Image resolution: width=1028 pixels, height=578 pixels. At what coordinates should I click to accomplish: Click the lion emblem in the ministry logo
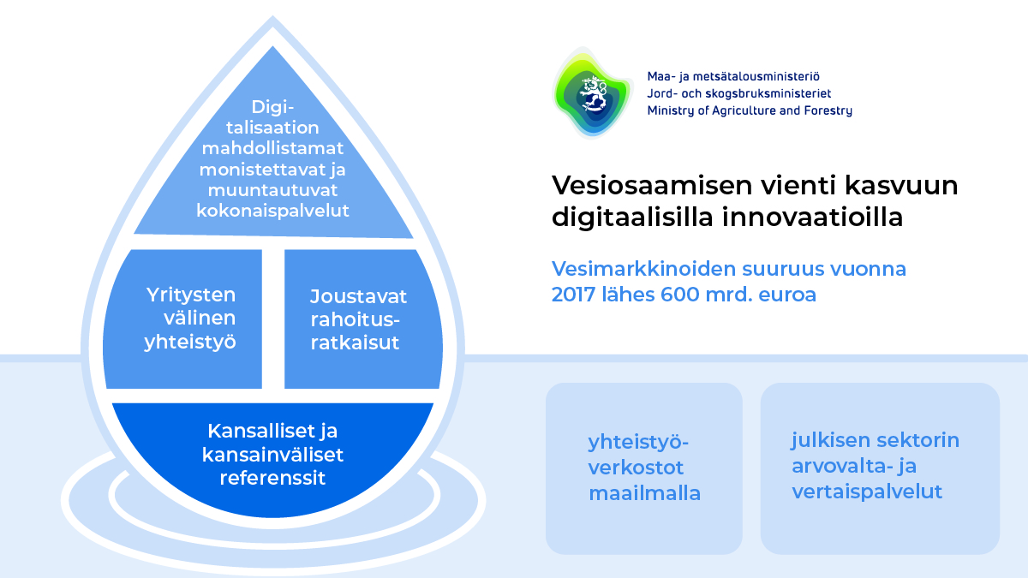click(593, 93)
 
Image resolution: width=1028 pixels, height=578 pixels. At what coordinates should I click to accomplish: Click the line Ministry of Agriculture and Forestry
click(750, 110)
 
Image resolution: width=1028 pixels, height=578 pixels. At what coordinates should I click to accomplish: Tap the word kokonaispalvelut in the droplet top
click(273, 211)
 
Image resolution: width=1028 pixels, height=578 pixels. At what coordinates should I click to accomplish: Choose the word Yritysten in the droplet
click(190, 295)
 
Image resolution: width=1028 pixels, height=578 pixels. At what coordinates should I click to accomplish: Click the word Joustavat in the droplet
click(358, 296)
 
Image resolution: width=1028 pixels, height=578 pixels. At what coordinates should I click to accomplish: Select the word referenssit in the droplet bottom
click(272, 478)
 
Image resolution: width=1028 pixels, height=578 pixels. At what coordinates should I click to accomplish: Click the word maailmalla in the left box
click(644, 493)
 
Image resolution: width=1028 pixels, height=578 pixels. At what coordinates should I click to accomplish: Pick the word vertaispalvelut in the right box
click(867, 492)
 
